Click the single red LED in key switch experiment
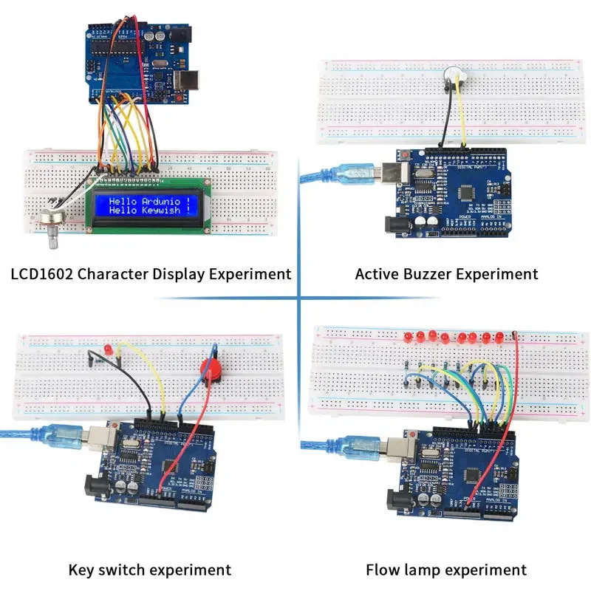(108, 348)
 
